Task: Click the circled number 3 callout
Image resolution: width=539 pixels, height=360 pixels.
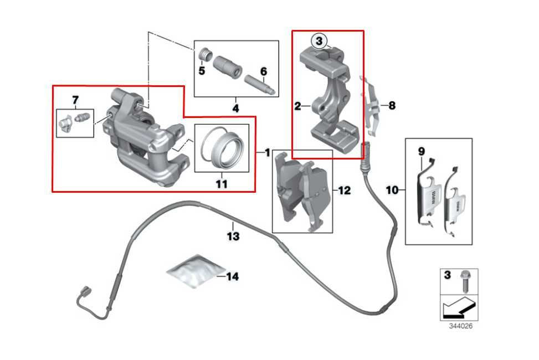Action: [320, 40]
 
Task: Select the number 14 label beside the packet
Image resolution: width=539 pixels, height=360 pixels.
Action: [233, 276]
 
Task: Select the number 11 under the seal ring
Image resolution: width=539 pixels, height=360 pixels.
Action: [222, 184]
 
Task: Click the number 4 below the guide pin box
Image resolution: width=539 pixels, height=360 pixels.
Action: [235, 109]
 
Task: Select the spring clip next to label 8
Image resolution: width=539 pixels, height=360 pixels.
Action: [372, 105]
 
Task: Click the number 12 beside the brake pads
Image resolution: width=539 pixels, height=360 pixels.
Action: [344, 191]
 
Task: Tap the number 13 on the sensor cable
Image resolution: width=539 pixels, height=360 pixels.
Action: [233, 236]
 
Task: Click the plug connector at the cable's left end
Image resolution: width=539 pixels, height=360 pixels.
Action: [85, 290]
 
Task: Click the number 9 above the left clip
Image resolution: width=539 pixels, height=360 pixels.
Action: [421, 151]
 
